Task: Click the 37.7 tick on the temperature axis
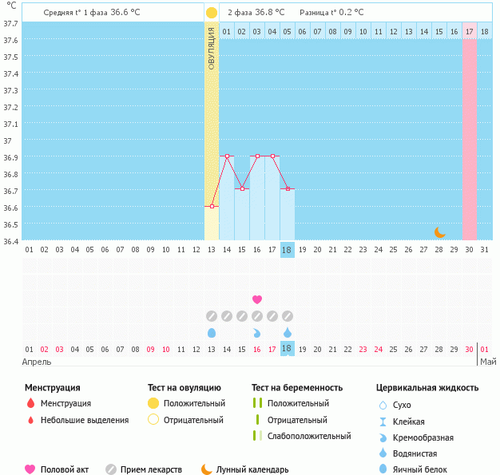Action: point(10,24)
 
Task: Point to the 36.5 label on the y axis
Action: point(10,224)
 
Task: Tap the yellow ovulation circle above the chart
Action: point(211,13)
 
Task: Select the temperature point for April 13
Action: point(212,207)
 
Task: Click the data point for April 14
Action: point(227,156)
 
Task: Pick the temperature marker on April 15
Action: point(242,189)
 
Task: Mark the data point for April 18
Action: point(288,189)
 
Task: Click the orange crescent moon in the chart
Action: point(439,232)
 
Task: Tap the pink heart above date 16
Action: point(257,299)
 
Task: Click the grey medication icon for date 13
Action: point(212,316)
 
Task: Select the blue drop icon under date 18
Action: point(288,332)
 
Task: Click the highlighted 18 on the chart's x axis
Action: point(288,250)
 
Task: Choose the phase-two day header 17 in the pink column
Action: point(470,32)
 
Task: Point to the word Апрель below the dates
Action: point(38,362)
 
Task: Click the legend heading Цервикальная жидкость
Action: point(427,388)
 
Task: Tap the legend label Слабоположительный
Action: point(309,436)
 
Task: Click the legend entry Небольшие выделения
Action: point(84,420)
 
